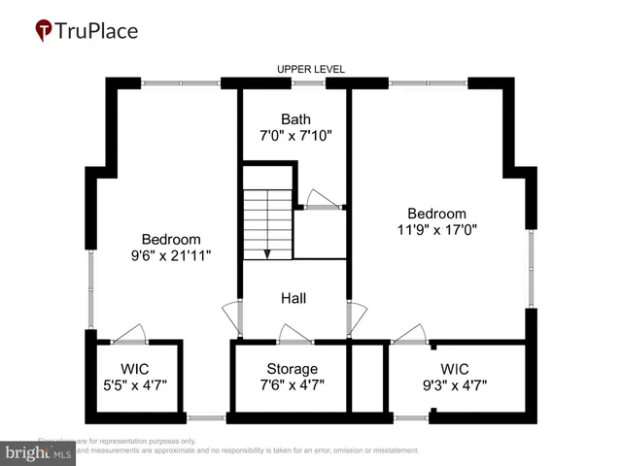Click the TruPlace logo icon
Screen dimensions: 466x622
tap(43, 32)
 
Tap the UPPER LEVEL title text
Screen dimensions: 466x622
tap(311, 69)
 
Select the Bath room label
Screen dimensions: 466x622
tap(295, 119)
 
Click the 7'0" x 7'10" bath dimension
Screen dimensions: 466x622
tap(295, 136)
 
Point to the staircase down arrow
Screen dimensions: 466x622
tap(267, 252)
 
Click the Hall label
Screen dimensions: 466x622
tap(294, 298)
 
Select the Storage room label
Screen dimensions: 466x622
tap(292, 369)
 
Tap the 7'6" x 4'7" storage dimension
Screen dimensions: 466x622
tap(292, 385)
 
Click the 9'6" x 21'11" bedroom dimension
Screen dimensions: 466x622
tap(171, 255)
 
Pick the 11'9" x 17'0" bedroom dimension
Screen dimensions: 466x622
tap(436, 230)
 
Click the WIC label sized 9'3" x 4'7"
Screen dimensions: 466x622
tap(454, 369)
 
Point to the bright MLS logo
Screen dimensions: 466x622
tap(39, 452)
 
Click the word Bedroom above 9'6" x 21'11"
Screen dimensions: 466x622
tap(171, 239)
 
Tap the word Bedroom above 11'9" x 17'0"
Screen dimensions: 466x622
tap(436, 214)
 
